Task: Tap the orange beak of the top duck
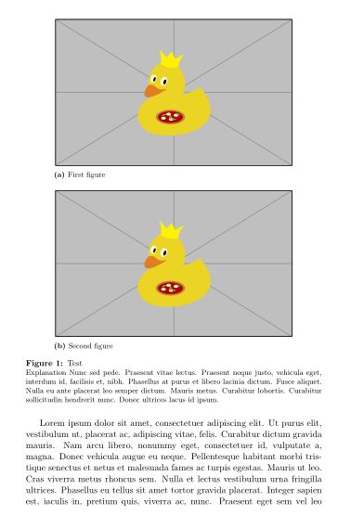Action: pyautogui.click(x=151, y=91)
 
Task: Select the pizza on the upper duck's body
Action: pyautogui.click(x=169, y=117)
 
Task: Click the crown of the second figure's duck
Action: pyautogui.click(x=170, y=230)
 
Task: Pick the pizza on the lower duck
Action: pyautogui.click(x=169, y=288)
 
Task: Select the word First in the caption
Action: pyautogui.click(x=76, y=174)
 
